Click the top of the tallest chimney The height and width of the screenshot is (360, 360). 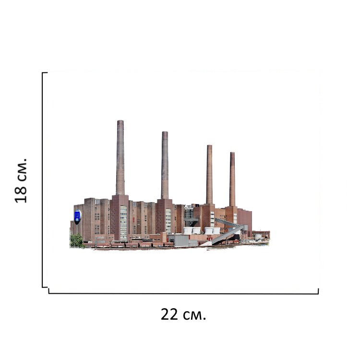[x=120, y=121]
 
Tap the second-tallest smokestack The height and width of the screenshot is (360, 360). [x=165, y=165]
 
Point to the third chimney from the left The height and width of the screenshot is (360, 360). [x=209, y=175]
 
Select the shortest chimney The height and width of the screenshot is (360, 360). [x=232, y=179]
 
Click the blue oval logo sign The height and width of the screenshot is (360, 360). [x=78, y=216]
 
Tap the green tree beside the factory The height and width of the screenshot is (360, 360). [x=76, y=240]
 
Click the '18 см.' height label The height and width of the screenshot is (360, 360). [x=21, y=180]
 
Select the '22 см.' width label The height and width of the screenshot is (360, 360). [x=183, y=314]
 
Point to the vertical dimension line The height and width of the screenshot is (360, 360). [x=42, y=180]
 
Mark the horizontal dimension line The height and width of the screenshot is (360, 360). [x=183, y=293]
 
